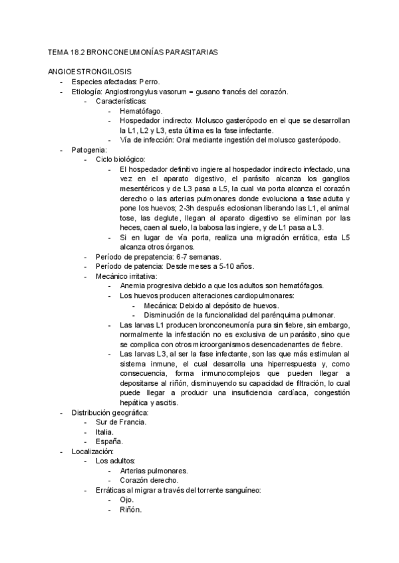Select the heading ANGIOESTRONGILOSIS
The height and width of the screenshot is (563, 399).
89,72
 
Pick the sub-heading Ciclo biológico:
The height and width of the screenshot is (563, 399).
122,160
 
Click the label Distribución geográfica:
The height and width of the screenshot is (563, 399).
110,412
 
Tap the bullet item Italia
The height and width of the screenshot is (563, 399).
104,432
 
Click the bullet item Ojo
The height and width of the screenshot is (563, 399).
127,499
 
